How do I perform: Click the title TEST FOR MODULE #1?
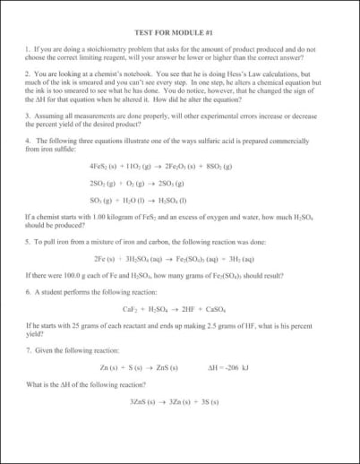tap(179, 30)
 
